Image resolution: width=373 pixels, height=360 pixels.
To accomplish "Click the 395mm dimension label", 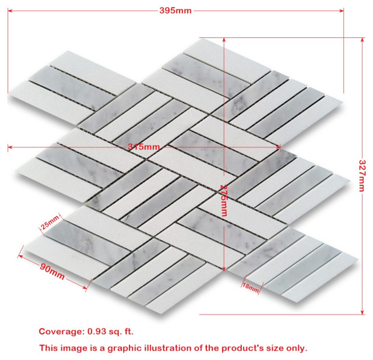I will point(175,10).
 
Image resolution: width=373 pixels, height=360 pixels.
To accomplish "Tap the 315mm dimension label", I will point(143,146).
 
